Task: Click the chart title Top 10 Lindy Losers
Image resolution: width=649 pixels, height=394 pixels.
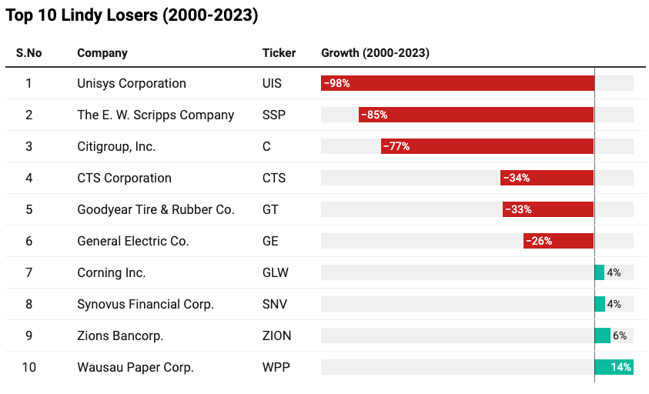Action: click(x=132, y=16)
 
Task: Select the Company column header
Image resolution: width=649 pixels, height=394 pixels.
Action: click(x=102, y=53)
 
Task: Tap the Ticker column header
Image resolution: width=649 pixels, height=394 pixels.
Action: click(x=279, y=53)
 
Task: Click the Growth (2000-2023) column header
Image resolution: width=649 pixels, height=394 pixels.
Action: click(x=375, y=53)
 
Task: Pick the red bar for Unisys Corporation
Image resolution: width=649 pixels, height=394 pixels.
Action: click(x=457, y=83)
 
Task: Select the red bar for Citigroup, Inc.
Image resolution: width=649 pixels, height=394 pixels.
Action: click(x=487, y=146)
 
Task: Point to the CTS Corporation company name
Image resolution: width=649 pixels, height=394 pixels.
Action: click(x=124, y=178)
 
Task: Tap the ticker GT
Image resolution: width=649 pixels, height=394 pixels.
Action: click(x=270, y=209)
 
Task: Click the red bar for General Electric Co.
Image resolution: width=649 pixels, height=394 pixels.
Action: click(x=558, y=241)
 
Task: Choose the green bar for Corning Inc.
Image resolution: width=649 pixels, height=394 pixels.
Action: click(x=599, y=272)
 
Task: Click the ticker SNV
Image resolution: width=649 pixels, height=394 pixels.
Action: click(x=275, y=304)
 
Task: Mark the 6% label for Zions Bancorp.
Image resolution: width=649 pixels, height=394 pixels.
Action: click(x=620, y=336)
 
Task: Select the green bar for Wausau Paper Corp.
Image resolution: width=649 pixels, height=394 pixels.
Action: click(x=614, y=367)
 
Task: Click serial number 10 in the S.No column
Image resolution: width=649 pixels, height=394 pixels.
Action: click(x=28, y=367)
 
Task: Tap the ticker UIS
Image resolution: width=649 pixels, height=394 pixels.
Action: click(x=272, y=83)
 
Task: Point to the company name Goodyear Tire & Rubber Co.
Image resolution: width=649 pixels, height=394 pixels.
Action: click(x=156, y=209)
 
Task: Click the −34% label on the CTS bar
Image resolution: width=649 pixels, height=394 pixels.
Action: click(x=517, y=178)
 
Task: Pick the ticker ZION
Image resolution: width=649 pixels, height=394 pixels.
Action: click(x=276, y=336)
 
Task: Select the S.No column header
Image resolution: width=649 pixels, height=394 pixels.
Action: click(x=29, y=53)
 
